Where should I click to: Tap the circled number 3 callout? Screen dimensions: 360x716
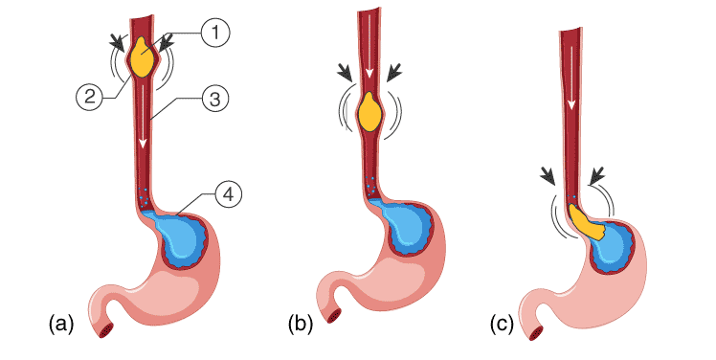click(217, 98)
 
